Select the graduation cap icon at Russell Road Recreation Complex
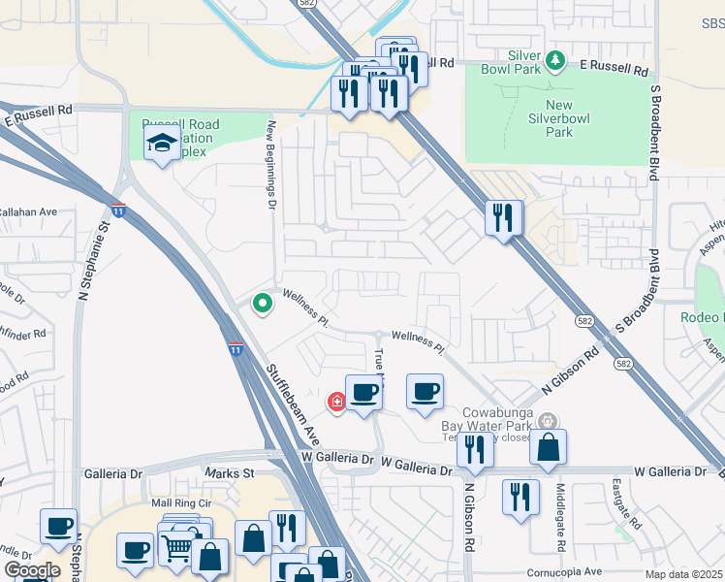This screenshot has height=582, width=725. (160, 145)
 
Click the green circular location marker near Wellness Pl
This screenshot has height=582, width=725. (262, 304)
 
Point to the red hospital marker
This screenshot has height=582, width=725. (337, 401)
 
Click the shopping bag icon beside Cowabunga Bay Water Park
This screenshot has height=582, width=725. (548, 447)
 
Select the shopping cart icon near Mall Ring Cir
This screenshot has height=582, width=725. (177, 547)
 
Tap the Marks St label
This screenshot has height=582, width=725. (228, 472)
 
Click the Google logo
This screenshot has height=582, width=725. (32, 570)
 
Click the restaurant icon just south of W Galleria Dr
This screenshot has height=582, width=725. (520, 497)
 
